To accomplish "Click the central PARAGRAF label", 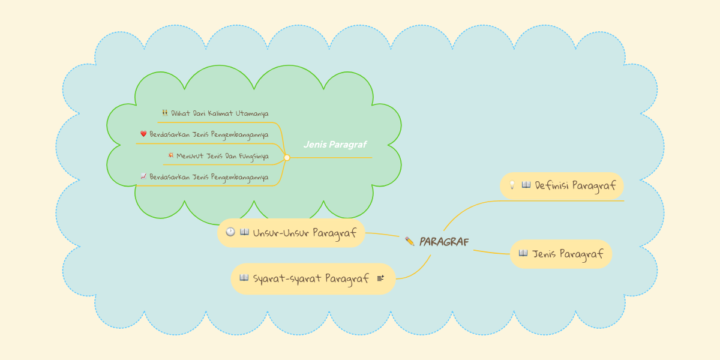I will (x=444, y=242).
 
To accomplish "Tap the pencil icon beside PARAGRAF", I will (x=410, y=241).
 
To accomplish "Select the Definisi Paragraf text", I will (x=575, y=185).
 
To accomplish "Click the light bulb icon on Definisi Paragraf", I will (x=512, y=185).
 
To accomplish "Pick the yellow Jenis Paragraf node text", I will (x=568, y=254).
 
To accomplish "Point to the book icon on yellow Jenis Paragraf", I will (x=523, y=253).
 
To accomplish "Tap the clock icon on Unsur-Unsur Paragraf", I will (x=230, y=232).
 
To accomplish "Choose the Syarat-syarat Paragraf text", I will (x=311, y=278).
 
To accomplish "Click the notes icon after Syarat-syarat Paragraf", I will (x=381, y=278).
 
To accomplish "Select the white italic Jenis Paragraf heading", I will (x=335, y=145).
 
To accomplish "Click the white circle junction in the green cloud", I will (x=287, y=158).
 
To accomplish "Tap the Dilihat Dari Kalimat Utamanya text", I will (x=220, y=113).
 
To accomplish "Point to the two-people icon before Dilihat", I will (x=165, y=113).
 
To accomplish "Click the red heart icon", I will (x=143, y=134).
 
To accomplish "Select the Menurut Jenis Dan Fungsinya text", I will (x=222, y=155).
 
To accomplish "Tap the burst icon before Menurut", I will (x=171, y=155).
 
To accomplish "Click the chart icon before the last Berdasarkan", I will (x=143, y=176).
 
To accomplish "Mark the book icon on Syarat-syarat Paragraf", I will (x=244, y=278).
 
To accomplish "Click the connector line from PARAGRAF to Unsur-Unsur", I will (x=383, y=234).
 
